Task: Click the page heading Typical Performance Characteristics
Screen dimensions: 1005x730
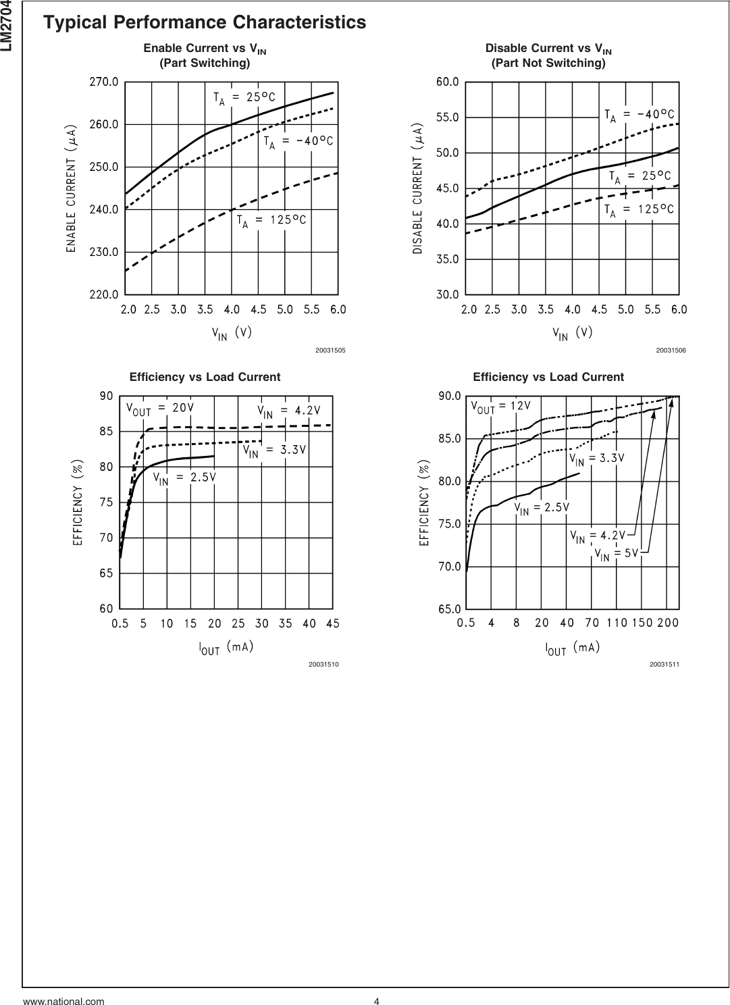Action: pyautogui.click(x=204, y=23)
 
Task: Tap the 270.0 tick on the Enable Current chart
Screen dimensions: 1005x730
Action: pyautogui.click(x=104, y=82)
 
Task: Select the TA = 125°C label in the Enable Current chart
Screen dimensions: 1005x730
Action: pyautogui.click(x=271, y=220)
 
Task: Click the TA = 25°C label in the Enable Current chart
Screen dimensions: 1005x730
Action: pyautogui.click(x=249, y=97)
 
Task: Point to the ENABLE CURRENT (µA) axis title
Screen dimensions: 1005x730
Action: pyautogui.click(x=70, y=188)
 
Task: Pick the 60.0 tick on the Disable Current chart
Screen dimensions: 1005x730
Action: pyautogui.click(x=447, y=82)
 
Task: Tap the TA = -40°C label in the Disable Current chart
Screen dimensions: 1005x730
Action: pyautogui.click(x=639, y=115)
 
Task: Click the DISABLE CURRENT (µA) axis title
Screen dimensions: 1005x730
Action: pyautogui.click(x=417, y=188)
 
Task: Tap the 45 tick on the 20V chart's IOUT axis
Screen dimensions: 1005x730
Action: pyautogui.click(x=332, y=623)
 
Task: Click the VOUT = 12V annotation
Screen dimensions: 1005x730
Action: pyautogui.click(x=500, y=407)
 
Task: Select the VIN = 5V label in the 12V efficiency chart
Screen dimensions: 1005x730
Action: pyautogui.click(x=616, y=554)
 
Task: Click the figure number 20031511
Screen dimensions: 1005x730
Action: pyautogui.click(x=664, y=665)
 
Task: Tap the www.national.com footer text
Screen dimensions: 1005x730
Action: pyautogui.click(x=64, y=1002)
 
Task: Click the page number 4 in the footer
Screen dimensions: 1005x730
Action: pyautogui.click(x=376, y=1002)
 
